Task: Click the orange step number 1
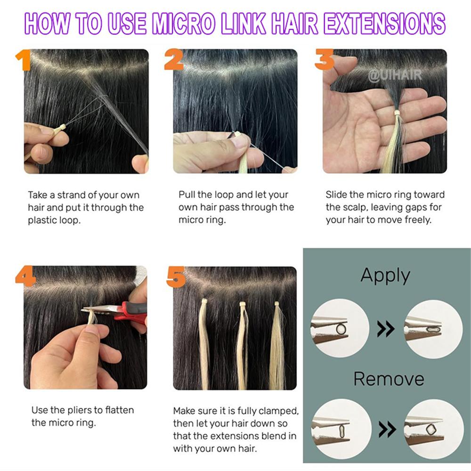point(22,60)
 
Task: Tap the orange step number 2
point(174,60)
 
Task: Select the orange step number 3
point(324,60)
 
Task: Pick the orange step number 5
point(175,277)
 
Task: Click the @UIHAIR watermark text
point(395,74)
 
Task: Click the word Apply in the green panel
point(385,276)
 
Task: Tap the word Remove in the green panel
point(389,379)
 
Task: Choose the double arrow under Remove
point(387,428)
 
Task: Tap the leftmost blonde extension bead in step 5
point(205,301)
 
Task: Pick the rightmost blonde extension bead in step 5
point(277,304)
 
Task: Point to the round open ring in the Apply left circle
point(341,328)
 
